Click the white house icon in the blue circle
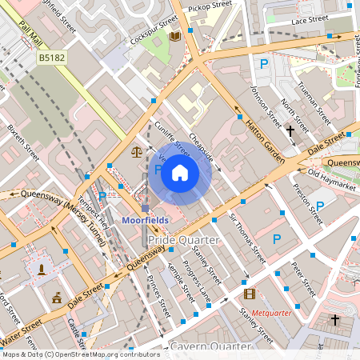(x=180, y=172)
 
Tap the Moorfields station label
(x=144, y=219)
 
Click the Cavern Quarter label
(x=210, y=346)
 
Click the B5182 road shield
(x=51, y=58)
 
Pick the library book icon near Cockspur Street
(x=174, y=36)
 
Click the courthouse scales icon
(x=135, y=150)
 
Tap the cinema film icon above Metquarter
(x=249, y=294)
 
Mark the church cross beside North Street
(x=290, y=128)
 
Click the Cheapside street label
(x=201, y=146)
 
